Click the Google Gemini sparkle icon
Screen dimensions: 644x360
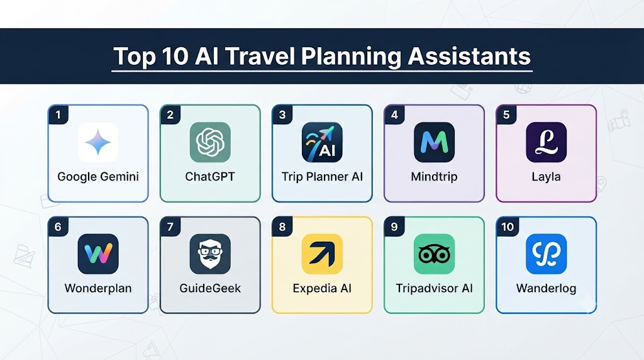97,142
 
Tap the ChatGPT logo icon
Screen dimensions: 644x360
210,142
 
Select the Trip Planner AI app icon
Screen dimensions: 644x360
322,142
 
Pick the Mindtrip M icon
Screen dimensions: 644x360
434,142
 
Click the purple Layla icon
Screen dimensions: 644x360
547,142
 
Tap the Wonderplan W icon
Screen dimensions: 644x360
97,254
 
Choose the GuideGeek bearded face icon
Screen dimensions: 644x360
210,254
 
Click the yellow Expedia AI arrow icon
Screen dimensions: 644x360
322,254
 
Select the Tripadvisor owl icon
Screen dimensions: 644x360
434,254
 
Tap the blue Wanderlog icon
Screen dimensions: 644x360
547,254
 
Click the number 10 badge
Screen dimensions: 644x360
508,227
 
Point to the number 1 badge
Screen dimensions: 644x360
58,115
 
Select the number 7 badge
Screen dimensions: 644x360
170,227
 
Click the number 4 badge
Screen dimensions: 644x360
394,115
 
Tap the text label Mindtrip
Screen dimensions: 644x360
434,177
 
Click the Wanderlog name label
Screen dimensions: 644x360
547,288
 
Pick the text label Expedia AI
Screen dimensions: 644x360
322,288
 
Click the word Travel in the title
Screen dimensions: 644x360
260,56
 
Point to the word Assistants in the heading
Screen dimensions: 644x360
469,56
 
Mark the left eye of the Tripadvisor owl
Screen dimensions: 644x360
426,255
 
